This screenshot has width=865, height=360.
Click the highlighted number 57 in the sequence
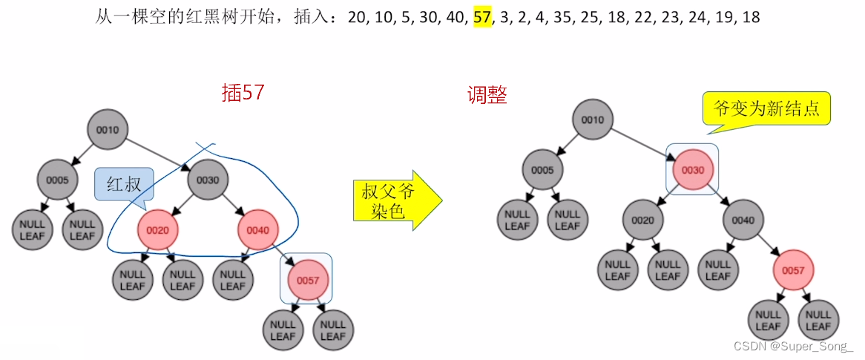482,16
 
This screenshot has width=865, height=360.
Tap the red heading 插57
243,93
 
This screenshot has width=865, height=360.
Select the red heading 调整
487,95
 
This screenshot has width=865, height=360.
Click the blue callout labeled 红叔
123,184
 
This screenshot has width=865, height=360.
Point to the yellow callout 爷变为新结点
766,109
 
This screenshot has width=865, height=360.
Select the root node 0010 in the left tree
108,131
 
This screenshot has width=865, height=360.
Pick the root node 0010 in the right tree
592,120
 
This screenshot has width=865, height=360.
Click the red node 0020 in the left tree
158,230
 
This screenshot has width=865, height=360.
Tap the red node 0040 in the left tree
257,230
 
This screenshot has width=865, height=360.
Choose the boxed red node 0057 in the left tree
307,280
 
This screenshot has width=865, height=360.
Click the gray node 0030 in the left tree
208,180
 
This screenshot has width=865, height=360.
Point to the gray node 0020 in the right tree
642,220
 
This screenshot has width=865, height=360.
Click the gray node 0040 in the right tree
743,220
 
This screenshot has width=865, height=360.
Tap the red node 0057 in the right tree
792,270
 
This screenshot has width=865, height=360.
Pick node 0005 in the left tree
58,180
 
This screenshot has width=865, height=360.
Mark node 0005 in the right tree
542,170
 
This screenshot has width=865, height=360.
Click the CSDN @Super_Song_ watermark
793,347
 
